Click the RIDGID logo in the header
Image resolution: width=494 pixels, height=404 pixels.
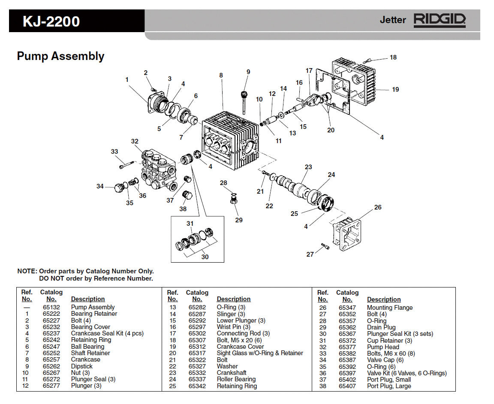439,20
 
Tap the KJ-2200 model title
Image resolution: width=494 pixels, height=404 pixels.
51,21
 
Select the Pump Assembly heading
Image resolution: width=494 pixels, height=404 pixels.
60,56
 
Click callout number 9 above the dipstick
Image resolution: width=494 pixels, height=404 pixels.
248,72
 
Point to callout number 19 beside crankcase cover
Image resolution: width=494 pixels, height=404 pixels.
395,90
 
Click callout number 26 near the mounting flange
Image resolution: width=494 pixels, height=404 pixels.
377,207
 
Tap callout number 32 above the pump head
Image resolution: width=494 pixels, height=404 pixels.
135,141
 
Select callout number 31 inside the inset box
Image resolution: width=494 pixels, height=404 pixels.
190,224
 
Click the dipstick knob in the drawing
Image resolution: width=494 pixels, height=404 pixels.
246,94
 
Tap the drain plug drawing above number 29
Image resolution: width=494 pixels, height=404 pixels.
234,201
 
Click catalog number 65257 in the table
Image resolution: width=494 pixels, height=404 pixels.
51,359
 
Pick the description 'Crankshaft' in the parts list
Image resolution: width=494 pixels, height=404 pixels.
231,373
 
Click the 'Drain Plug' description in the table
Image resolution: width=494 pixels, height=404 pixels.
381,327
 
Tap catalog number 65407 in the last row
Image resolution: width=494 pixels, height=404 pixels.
347,386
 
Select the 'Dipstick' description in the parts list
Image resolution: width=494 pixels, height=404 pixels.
81,366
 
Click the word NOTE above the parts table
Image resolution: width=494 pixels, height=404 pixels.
27,271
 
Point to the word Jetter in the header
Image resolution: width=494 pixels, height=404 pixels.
392,20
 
